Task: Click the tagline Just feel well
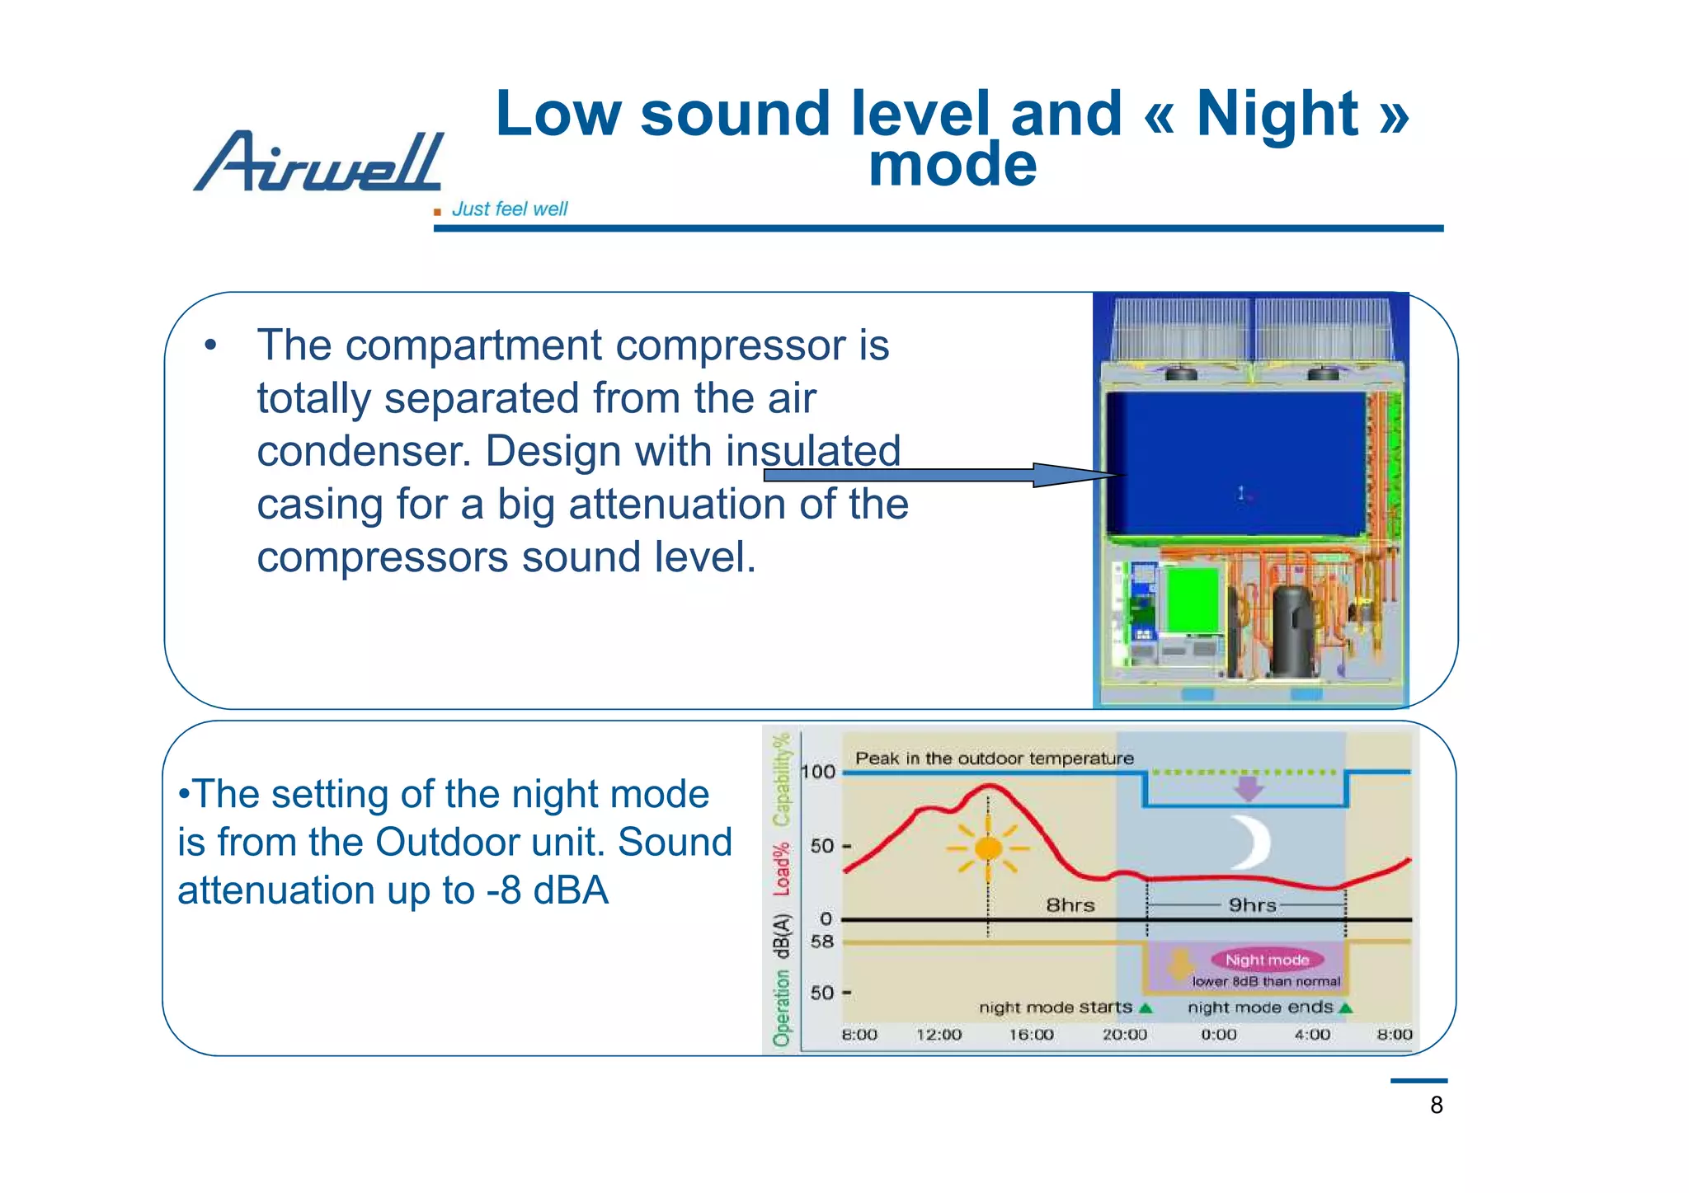(509, 209)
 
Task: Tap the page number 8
(1436, 1105)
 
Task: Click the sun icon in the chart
(988, 848)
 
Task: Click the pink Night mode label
(1267, 960)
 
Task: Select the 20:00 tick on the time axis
(1125, 1035)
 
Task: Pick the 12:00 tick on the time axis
(939, 1035)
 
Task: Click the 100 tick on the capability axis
(819, 772)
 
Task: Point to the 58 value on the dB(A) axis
(822, 942)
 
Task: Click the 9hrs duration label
(1252, 905)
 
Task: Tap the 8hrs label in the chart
(1070, 905)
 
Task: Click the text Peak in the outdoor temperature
(995, 759)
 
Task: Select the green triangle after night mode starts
(1146, 1008)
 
